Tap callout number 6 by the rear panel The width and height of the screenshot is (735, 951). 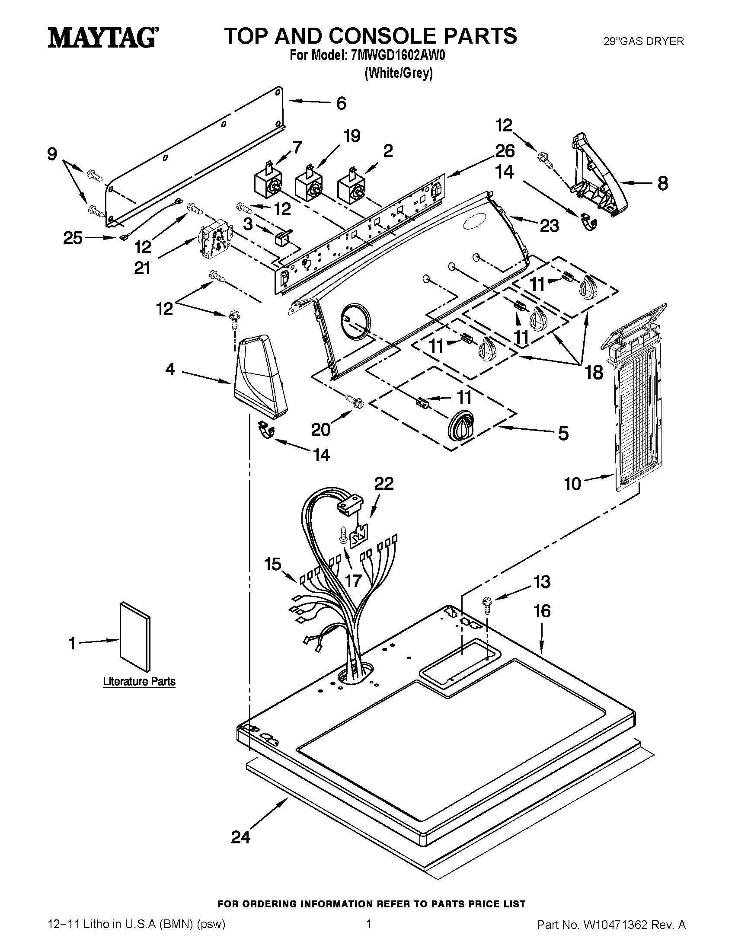(x=342, y=103)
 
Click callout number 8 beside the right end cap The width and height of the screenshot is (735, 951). (x=662, y=183)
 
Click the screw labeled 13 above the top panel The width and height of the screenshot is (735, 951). (x=486, y=605)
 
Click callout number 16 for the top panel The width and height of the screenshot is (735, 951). (x=542, y=611)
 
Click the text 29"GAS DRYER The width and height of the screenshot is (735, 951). (x=644, y=41)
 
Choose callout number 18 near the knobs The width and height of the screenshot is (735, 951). (x=594, y=372)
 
